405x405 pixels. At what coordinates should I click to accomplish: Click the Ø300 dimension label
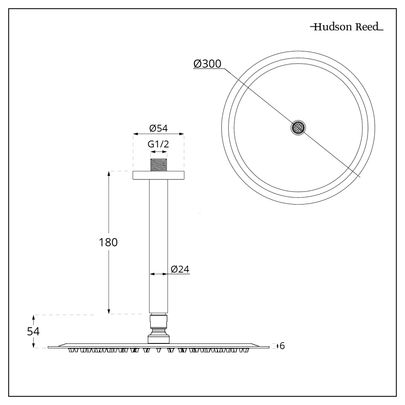207,64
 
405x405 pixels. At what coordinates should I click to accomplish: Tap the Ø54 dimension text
158,128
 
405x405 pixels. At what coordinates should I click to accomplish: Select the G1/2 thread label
158,145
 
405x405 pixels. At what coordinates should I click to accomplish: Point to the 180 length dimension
108,242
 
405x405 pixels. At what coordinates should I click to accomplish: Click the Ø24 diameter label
180,269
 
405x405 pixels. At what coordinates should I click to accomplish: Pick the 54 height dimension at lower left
33,331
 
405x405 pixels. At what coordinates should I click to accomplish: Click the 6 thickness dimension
282,346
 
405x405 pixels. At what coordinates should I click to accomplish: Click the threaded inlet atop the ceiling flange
158,166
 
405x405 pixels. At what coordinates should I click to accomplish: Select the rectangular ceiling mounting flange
158,175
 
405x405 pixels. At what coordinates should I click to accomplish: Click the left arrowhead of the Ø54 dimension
134,134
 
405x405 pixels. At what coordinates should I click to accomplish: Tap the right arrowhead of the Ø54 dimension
183,134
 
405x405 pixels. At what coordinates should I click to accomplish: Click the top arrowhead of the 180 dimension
109,173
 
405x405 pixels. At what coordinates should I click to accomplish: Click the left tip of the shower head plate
49,347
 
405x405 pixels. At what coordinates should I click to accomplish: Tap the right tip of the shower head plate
268,347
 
